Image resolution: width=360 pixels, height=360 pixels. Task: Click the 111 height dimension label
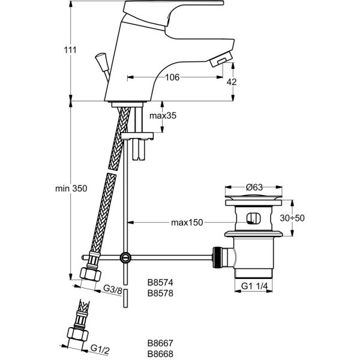click(71, 50)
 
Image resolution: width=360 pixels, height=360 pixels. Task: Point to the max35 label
click(163, 116)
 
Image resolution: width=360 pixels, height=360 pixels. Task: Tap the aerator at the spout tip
click(218, 58)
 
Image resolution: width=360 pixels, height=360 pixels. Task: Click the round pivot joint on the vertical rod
click(125, 257)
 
